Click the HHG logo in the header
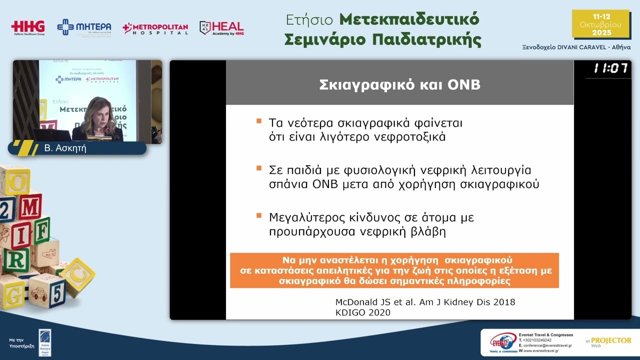(x=28, y=27)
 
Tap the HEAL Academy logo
(x=222, y=28)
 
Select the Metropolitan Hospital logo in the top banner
(x=155, y=28)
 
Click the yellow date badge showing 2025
(x=600, y=24)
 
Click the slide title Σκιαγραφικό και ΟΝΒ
(x=399, y=84)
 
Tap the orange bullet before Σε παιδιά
(x=259, y=168)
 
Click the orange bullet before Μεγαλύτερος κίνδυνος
(x=259, y=215)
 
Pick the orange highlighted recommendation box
(x=394, y=270)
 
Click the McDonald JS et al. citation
(x=425, y=302)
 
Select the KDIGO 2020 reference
(x=362, y=312)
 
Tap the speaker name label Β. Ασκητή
(x=65, y=148)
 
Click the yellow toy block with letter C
(x=78, y=275)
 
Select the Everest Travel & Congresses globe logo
(x=503, y=342)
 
